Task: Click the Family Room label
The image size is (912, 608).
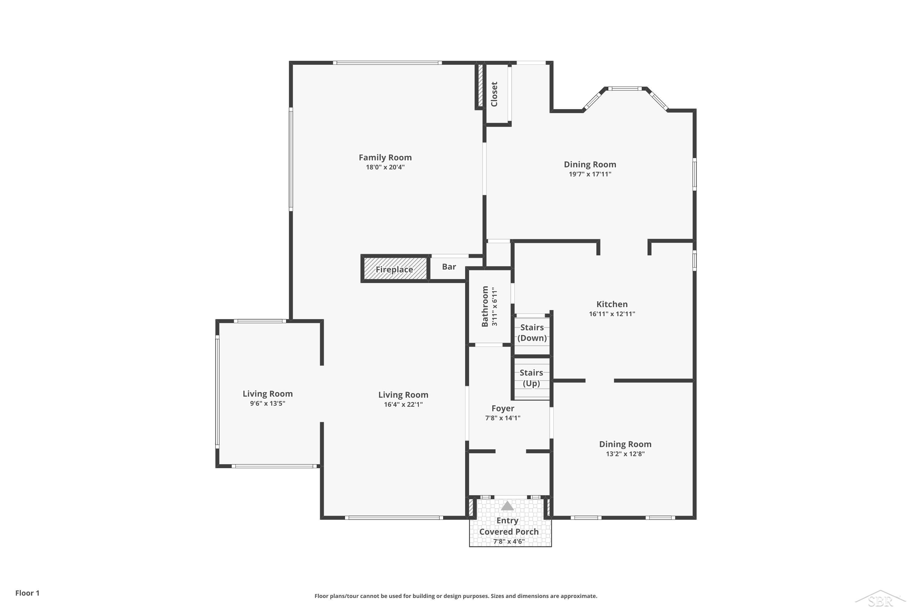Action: [385, 157]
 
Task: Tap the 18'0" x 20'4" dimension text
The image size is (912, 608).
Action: [385, 167]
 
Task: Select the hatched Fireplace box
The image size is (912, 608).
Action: [395, 268]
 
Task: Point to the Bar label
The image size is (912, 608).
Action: [449, 267]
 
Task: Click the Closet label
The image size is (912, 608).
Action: [494, 94]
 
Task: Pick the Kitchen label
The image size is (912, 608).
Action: [612, 304]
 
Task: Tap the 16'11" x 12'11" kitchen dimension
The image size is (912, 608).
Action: [612, 314]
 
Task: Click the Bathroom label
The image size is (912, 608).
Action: [485, 306]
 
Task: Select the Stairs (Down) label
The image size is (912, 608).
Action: [532, 333]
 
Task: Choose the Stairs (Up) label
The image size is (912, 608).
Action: [531, 378]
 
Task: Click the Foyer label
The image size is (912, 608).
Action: [503, 408]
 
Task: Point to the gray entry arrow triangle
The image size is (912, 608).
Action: [507, 506]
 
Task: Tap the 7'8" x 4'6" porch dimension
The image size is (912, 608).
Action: [509, 541]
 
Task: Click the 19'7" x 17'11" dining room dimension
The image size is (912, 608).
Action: [590, 174]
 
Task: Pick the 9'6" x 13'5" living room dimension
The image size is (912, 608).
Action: [268, 403]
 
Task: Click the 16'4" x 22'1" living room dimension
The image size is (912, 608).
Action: [403, 404]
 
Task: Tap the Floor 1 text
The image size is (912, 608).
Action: [28, 593]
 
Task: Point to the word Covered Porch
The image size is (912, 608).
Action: [509, 532]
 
